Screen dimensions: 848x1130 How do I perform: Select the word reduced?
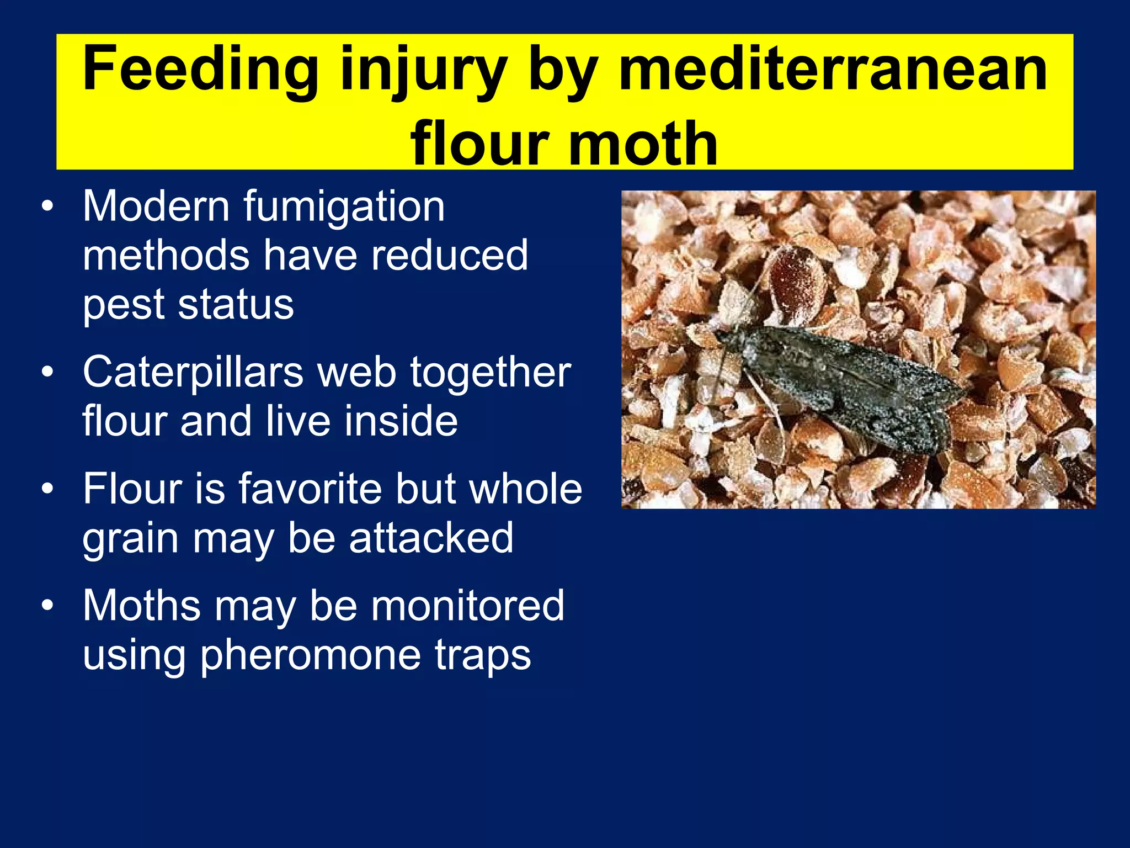449,255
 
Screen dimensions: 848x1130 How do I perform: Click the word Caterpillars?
193,372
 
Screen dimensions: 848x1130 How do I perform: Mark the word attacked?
431,538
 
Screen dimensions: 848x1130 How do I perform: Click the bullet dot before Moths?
48,606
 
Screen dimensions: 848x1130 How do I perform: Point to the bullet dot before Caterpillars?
48,372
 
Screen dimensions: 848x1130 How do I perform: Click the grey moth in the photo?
844,381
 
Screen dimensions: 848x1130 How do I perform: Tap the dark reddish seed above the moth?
795,276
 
